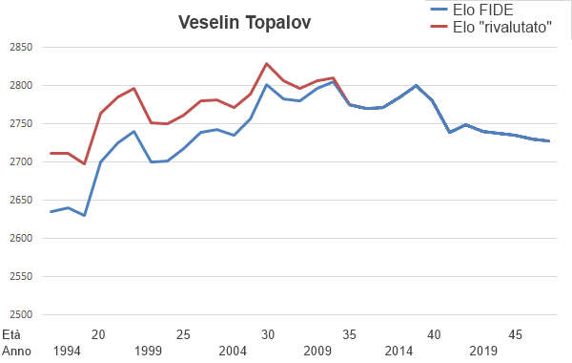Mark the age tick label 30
pyautogui.click(x=268, y=334)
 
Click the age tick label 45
pyautogui.click(x=516, y=334)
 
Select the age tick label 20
pyautogui.click(x=98, y=334)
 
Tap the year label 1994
pyautogui.click(x=67, y=351)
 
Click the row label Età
pyautogui.click(x=11, y=334)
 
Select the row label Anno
pyautogui.click(x=15, y=351)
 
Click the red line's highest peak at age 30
pyautogui.click(x=267, y=63)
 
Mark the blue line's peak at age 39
pyautogui.click(x=416, y=85)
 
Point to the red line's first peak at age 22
pyautogui.click(x=134, y=88)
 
